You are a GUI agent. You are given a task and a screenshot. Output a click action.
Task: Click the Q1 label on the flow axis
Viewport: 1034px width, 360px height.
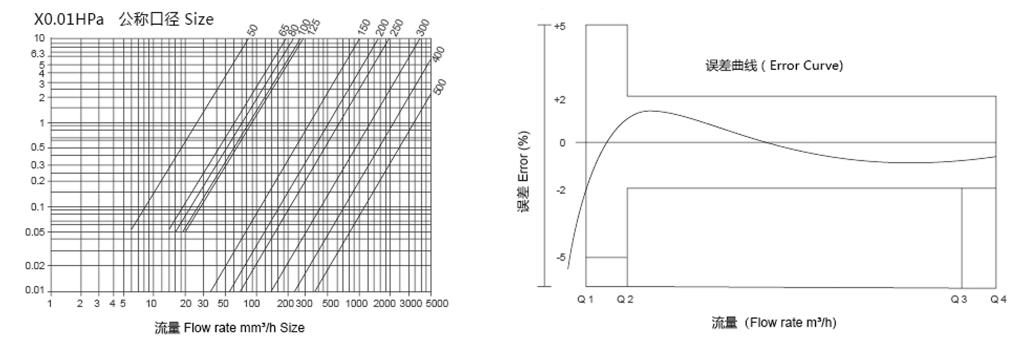(585, 299)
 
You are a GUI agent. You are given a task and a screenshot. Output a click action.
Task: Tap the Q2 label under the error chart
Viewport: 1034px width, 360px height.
(625, 299)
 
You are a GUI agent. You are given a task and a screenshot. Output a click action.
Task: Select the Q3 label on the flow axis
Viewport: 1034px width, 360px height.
(959, 299)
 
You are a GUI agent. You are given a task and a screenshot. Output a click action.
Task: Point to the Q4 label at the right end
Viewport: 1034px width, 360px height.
(998, 299)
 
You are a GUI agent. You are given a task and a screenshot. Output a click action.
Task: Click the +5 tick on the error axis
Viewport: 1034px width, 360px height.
(560, 27)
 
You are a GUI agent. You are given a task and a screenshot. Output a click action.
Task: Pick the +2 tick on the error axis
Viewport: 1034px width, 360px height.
(560, 100)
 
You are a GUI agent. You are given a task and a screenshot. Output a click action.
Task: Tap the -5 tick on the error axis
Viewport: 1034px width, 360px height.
(560, 257)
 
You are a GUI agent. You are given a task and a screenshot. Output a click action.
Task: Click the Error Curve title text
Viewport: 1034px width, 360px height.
(774, 65)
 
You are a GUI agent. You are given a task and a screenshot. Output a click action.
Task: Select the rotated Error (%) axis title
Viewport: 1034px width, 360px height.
(524, 172)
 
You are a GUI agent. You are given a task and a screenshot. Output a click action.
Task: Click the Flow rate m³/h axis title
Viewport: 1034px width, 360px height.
(774, 322)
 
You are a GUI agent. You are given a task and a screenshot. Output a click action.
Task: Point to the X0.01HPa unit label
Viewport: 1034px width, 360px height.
(69, 20)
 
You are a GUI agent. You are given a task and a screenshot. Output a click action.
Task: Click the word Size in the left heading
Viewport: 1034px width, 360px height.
(199, 20)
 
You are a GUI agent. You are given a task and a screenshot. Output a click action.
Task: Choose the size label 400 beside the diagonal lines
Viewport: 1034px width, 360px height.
(438, 54)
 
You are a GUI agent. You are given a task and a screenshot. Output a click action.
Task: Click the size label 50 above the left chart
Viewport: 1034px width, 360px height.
(253, 29)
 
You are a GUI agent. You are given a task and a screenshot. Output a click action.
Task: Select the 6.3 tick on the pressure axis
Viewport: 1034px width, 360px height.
(37, 53)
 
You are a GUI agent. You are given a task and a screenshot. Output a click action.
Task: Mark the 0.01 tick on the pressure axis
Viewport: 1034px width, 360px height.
(35, 290)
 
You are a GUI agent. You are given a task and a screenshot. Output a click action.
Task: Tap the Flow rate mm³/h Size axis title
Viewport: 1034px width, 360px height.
(229, 327)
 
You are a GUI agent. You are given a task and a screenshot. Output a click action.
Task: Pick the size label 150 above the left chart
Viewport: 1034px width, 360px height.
(364, 27)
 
